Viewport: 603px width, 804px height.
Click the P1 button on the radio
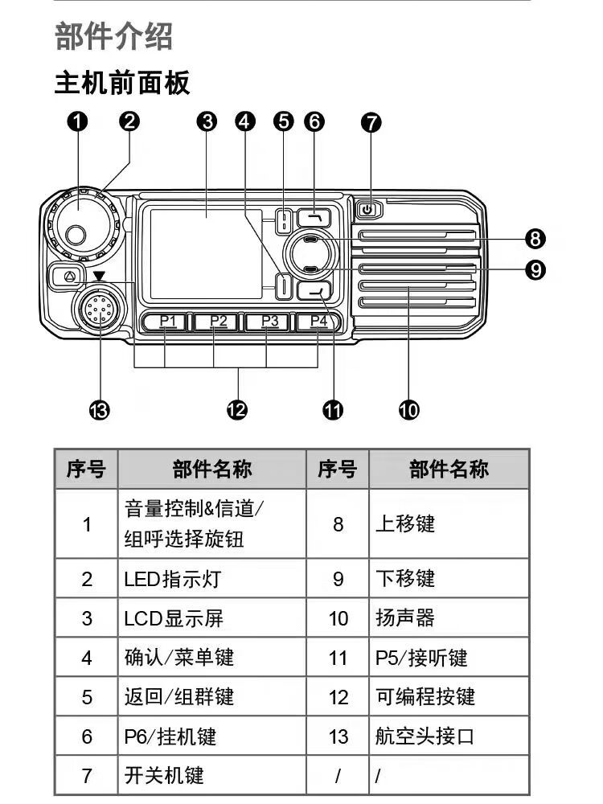[166, 322]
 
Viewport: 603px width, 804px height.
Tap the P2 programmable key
[218, 322]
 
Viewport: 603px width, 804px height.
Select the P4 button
[319, 322]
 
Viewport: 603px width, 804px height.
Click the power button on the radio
[367, 211]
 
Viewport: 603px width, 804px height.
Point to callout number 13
[100, 410]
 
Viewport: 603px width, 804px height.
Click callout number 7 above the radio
[371, 122]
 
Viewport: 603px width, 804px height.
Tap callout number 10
[408, 410]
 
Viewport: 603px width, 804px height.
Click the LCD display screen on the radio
[206, 251]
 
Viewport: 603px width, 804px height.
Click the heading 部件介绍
[114, 37]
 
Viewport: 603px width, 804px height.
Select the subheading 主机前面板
[122, 82]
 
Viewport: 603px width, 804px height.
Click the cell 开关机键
[164, 775]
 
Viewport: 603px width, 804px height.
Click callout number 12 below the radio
[236, 410]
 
